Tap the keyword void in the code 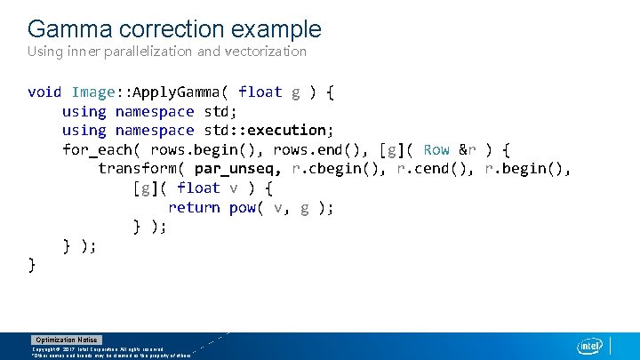(44, 92)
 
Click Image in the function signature (93, 92)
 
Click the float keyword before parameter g (260, 92)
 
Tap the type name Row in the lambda (436, 149)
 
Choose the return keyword (194, 207)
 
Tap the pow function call (242, 207)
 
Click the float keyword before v (198, 188)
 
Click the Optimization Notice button (67, 340)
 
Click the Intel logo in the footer (589, 346)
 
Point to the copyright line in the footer (98, 349)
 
